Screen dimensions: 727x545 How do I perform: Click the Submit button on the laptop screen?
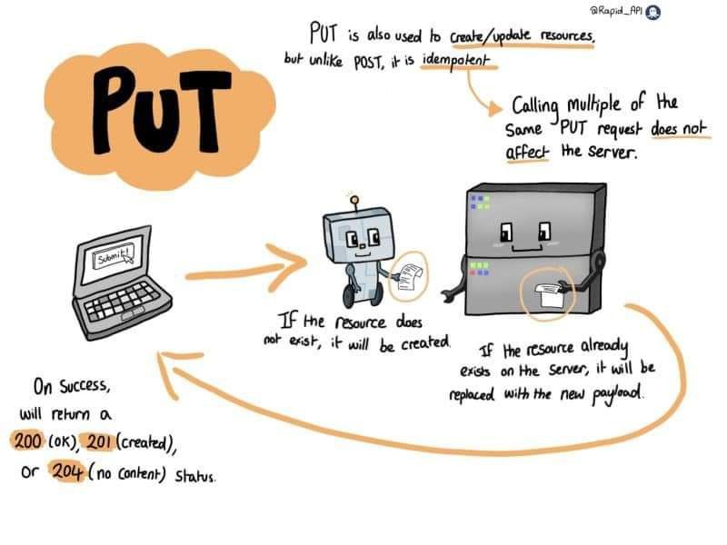114,254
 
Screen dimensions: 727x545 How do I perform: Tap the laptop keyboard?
123,301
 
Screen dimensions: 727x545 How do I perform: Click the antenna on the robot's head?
354,203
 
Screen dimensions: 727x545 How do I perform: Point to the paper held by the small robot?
410,277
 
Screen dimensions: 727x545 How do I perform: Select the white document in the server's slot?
549,294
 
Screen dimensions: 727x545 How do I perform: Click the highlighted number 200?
28,441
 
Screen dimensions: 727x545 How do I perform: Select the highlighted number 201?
99,441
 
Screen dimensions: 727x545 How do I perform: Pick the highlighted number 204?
67,471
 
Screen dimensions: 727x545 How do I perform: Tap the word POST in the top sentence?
369,62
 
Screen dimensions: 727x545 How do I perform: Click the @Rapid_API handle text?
616,11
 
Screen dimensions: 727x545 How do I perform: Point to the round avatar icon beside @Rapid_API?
653,12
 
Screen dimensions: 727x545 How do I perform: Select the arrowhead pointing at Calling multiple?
495,108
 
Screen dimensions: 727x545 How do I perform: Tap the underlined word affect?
527,152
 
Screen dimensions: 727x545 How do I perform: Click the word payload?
618,394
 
